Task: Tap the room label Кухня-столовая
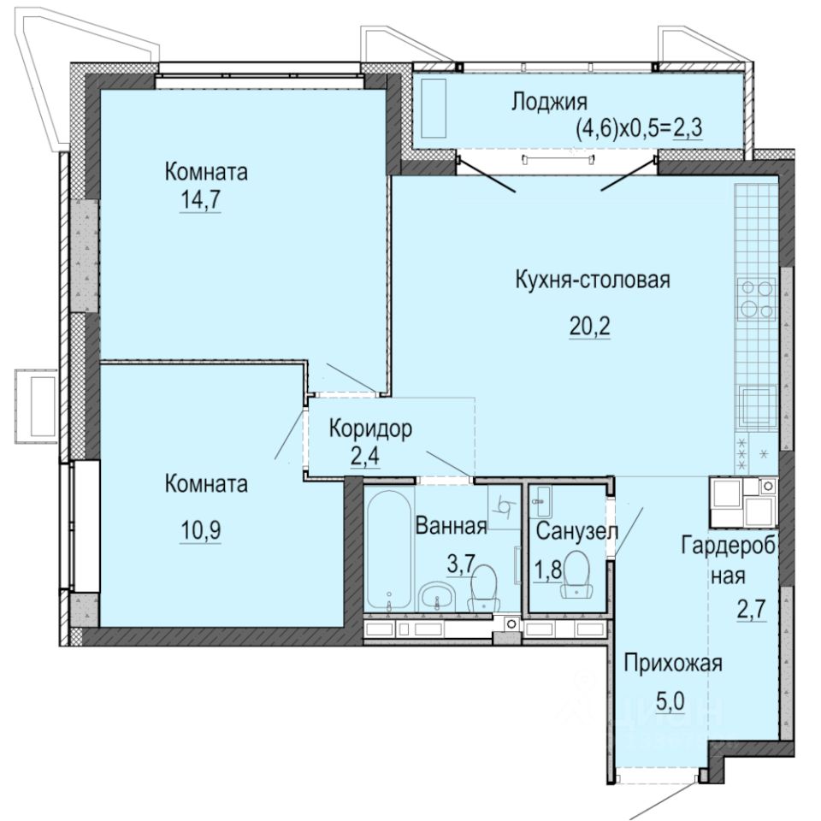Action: point(591,280)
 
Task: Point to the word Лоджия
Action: point(549,103)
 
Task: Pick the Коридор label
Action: point(371,428)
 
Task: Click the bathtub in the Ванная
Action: point(389,547)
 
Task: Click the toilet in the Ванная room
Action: point(484,587)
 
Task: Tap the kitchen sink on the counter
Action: point(756,406)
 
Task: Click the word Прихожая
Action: point(673,663)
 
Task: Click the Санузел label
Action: point(577,531)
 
